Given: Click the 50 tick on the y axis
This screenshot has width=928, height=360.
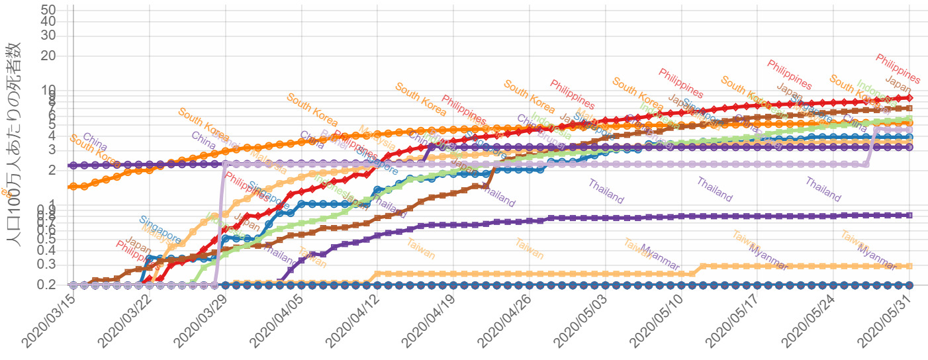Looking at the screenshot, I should tap(57, 9).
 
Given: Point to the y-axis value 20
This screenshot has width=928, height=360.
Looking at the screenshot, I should tap(57, 56).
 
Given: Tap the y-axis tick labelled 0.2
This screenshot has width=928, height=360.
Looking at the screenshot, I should tap(52, 285).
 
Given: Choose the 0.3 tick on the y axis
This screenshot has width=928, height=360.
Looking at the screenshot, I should tap(52, 265).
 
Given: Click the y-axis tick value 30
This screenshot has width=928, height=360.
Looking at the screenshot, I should tap(57, 35).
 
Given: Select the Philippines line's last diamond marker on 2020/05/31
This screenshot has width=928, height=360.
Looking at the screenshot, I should tap(909, 98).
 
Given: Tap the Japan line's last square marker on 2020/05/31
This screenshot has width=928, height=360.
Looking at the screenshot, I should tap(909, 108).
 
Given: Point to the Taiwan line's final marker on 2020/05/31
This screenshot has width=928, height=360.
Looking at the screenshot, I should tap(909, 266).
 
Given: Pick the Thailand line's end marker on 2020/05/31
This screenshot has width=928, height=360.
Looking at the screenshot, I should tap(909, 215).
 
